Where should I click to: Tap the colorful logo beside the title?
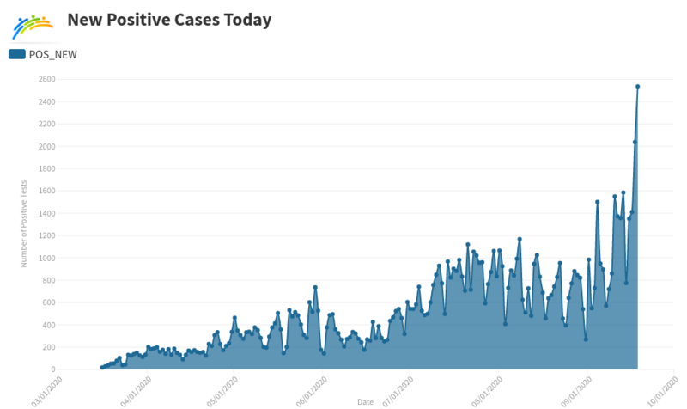point(33,27)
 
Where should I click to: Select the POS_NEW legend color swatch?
point(16,54)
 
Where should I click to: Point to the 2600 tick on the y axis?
point(46,79)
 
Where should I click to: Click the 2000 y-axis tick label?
point(46,146)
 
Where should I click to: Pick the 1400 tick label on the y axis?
point(46,213)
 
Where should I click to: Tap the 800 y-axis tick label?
point(49,280)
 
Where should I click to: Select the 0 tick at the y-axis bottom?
point(53,369)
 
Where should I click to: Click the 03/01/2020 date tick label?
point(47,388)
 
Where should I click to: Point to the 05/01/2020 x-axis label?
point(222,388)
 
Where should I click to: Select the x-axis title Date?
point(365,402)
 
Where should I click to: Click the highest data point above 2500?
point(637,86)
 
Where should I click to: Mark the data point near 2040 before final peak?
point(635,142)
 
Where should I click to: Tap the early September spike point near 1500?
point(597,202)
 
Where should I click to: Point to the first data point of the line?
point(101,368)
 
